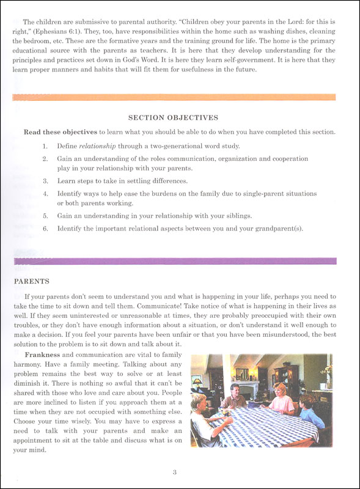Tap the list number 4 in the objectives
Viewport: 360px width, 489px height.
pyautogui.click(x=45, y=193)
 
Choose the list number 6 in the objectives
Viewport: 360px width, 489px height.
pyautogui.click(x=45, y=229)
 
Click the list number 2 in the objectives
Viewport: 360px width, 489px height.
pyautogui.click(x=45, y=158)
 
